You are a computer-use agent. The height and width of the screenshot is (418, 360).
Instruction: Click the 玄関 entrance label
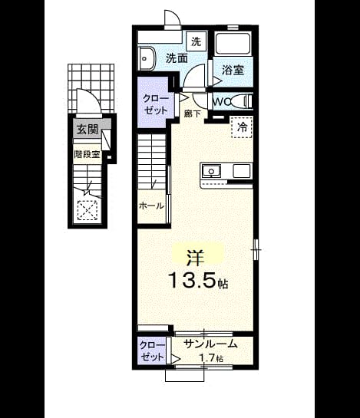click(88, 130)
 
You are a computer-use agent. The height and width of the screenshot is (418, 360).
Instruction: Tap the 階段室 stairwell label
click(87, 154)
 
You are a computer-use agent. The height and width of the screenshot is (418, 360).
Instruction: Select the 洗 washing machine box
click(197, 41)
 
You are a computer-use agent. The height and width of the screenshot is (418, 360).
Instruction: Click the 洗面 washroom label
click(177, 58)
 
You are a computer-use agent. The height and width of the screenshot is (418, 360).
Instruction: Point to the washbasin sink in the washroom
click(147, 58)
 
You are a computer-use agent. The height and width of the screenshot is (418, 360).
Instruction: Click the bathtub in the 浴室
click(233, 44)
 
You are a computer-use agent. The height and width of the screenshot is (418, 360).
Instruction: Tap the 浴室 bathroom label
click(233, 70)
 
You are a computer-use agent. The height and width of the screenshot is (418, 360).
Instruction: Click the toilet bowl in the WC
click(240, 101)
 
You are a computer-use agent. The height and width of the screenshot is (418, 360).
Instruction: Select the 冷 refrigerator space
click(242, 127)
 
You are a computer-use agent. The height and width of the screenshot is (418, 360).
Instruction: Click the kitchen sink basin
click(211, 171)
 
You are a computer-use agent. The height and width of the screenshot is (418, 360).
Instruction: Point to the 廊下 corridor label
click(193, 114)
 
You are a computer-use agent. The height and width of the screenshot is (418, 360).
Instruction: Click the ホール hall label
click(151, 206)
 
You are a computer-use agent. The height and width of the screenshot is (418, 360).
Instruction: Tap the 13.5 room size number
click(192, 280)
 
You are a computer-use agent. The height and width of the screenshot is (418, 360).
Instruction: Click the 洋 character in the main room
click(195, 258)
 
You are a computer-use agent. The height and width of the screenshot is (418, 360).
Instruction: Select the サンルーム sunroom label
click(211, 344)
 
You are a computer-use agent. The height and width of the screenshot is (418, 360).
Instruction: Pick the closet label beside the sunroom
click(152, 351)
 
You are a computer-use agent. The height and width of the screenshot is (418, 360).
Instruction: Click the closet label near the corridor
click(156, 104)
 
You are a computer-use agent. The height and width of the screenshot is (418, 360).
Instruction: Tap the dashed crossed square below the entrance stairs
click(88, 210)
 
